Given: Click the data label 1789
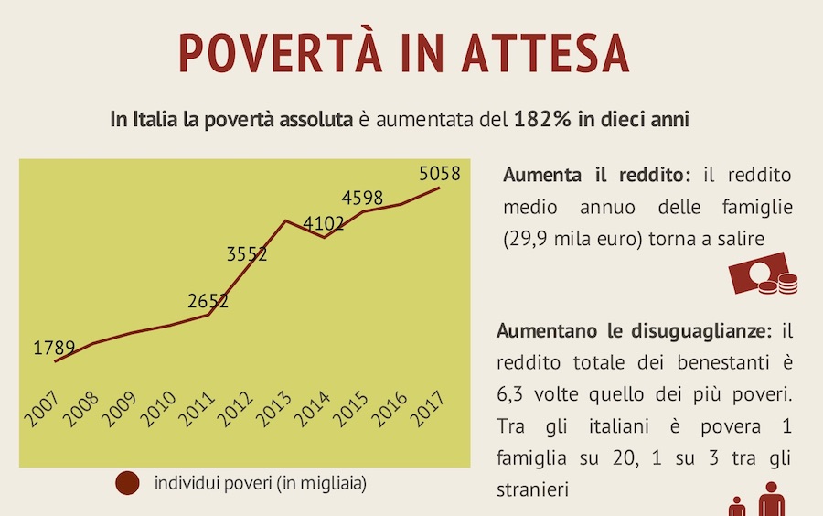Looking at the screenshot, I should tap(55, 349).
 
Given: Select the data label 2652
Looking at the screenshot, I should tap(208, 300).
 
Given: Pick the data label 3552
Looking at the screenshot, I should tap(247, 254).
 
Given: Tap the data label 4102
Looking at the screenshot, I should tap(324, 224).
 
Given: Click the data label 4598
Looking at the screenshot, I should tap(362, 198).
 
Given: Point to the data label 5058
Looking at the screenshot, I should tap(439, 173).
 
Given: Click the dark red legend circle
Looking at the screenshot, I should tap(126, 482).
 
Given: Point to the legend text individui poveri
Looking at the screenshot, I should tap(261, 482).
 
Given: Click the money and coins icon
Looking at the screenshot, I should tap(763, 277).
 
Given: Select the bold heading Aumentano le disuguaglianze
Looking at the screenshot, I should tap(635, 329).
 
